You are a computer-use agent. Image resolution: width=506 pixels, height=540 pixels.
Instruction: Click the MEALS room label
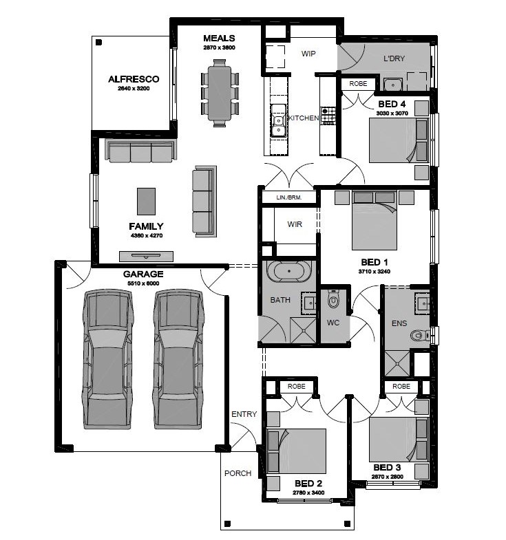tap(219, 39)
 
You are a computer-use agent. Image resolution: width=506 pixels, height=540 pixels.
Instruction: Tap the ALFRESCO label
tap(134, 79)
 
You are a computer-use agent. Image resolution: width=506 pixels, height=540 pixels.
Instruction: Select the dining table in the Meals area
tap(220, 93)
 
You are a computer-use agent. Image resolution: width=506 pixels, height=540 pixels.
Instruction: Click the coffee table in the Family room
tap(146, 202)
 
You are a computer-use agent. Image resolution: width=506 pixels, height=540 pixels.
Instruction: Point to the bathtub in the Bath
tap(289, 271)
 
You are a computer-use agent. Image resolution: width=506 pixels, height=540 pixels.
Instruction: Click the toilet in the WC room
tap(333, 299)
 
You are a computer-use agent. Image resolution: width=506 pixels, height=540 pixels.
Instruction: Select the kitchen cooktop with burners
tap(328, 116)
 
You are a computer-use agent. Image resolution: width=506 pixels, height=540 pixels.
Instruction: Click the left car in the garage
tap(107, 359)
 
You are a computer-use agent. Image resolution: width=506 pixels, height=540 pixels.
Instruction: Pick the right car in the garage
tap(178, 359)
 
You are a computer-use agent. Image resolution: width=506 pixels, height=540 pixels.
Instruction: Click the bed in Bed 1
tap(375, 220)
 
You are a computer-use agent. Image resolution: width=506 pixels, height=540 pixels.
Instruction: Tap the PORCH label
tap(238, 473)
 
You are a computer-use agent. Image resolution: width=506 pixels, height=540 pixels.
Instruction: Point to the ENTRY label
tap(244, 414)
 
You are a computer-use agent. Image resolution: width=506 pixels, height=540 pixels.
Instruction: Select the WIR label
tap(295, 224)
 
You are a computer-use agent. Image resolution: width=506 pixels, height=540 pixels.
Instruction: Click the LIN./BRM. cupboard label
tap(289, 197)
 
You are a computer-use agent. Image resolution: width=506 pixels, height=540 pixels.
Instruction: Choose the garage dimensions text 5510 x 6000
tap(143, 283)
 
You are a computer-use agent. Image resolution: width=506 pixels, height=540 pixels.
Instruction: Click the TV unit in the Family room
tap(146, 256)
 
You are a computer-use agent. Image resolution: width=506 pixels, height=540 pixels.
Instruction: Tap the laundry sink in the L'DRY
tap(393, 85)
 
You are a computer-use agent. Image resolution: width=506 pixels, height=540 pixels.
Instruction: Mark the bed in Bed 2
tap(297, 451)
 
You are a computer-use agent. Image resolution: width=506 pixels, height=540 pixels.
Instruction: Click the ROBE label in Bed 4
tap(358, 84)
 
